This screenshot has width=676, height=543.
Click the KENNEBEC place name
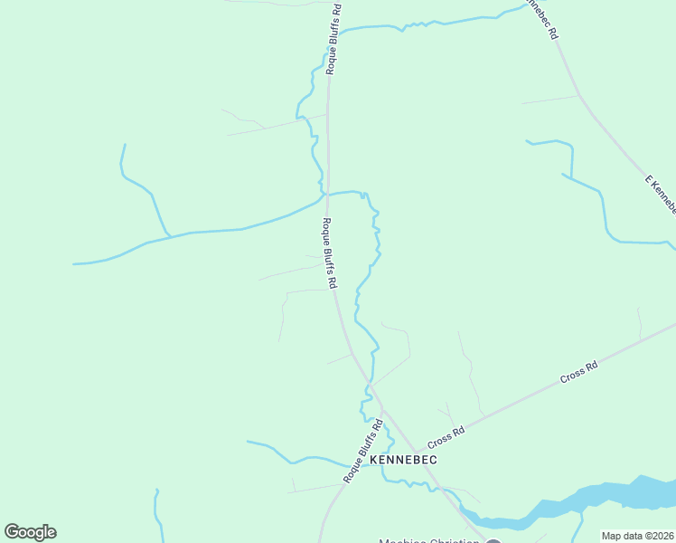(403, 460)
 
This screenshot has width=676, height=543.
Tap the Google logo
(30, 532)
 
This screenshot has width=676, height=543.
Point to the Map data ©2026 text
(638, 536)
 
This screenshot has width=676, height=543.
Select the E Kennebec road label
(661, 194)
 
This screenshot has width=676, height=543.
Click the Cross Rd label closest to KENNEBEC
(446, 436)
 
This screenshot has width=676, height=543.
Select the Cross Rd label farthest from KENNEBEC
(579, 371)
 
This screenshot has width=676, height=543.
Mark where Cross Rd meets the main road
(416, 451)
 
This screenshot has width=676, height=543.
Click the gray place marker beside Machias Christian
(493, 540)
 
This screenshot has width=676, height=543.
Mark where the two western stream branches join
(169, 237)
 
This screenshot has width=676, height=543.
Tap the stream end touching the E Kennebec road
(670, 244)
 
